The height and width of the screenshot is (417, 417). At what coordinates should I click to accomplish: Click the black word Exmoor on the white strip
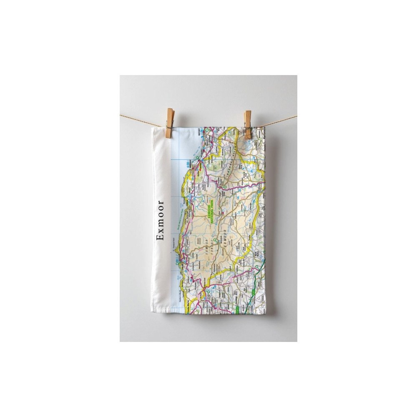pos(160,221)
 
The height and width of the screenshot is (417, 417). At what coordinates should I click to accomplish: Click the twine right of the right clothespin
pos(275,120)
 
